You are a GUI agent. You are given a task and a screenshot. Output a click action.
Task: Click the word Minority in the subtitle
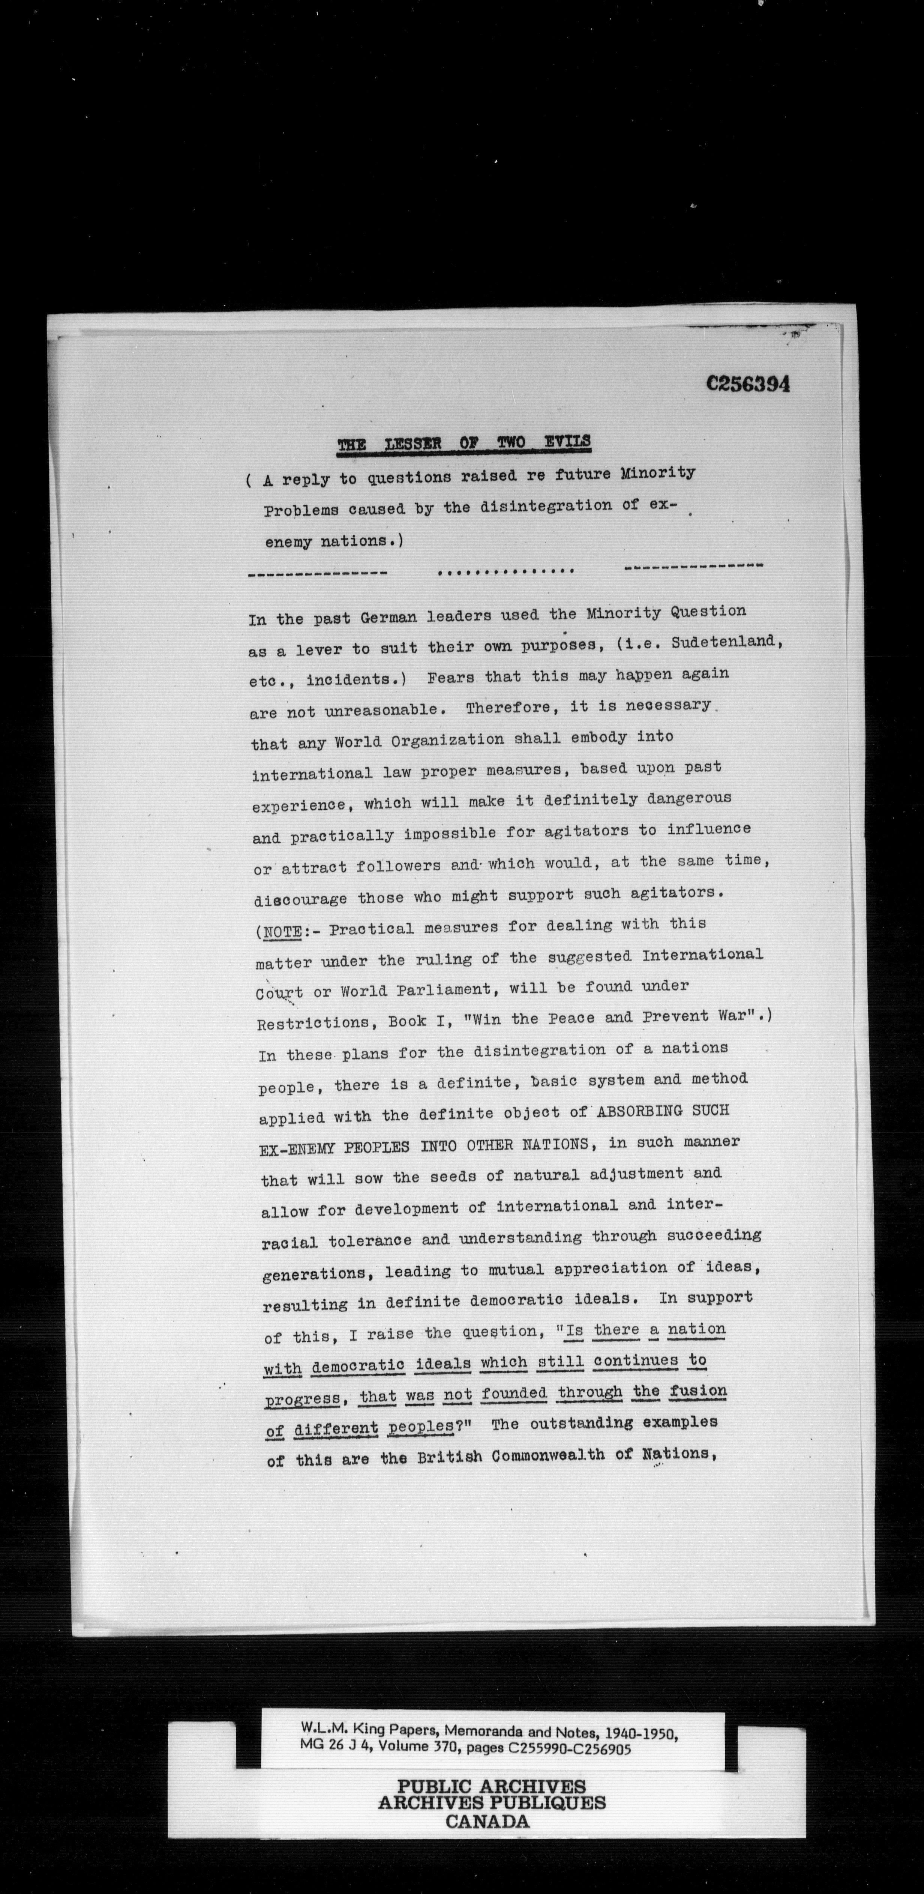click(x=657, y=473)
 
